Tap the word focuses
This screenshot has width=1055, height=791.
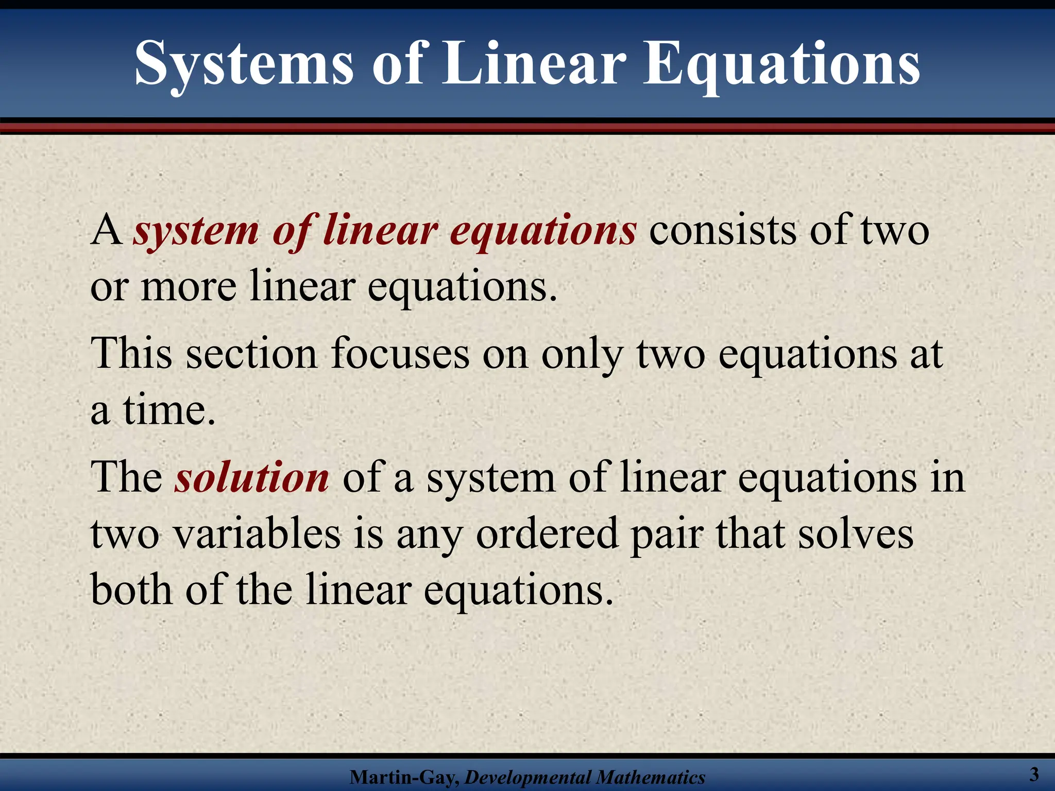[x=400, y=354]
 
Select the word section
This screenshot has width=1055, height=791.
[x=251, y=354]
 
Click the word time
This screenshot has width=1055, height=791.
[x=168, y=410]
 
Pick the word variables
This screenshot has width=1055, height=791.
[x=257, y=534]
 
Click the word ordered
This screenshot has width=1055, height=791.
[x=547, y=534]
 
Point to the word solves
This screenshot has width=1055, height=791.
[x=856, y=534]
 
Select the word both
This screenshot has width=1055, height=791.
[x=131, y=589]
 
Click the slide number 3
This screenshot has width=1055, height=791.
[x=1034, y=774]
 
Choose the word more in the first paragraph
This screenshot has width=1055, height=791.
[x=189, y=287]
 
